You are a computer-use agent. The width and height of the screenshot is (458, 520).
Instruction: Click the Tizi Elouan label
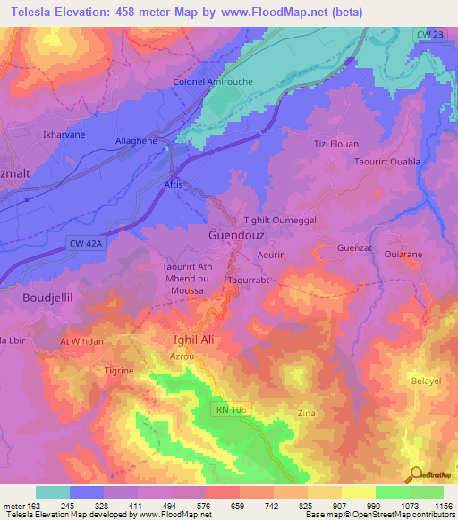(x=333, y=144)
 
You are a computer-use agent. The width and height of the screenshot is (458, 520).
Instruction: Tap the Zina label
(x=305, y=414)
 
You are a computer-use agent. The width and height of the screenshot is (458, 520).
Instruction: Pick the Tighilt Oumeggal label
(x=280, y=220)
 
